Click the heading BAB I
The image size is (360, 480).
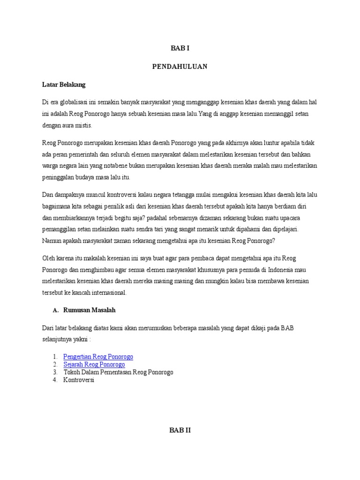pyautogui.click(x=180, y=48)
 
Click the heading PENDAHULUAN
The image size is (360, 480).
pyautogui.click(x=180, y=67)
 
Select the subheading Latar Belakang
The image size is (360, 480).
pyautogui.click(x=64, y=85)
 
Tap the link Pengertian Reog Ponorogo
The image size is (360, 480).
pyautogui.click(x=98, y=357)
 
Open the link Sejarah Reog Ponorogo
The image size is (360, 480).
pyautogui.click(x=94, y=364)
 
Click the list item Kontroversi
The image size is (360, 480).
pyautogui.click(x=79, y=380)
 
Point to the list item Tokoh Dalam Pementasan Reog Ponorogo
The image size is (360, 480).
pyautogui.click(x=118, y=372)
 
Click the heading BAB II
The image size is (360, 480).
pyautogui.click(x=180, y=430)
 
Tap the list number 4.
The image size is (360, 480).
pyautogui.click(x=55, y=380)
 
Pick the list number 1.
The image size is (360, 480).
pyautogui.click(x=55, y=357)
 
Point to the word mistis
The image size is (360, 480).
pyautogui.click(x=83, y=125)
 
